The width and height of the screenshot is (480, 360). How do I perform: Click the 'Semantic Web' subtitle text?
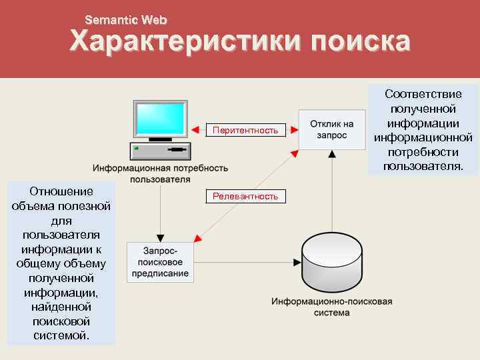tap(126, 21)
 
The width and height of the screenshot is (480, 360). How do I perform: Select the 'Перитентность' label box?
tap(245, 130)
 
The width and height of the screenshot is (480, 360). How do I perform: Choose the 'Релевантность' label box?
tap(245, 196)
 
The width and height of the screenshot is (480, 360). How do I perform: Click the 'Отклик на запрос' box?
tap(332, 129)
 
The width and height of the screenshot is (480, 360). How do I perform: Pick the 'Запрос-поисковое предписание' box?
tap(160, 261)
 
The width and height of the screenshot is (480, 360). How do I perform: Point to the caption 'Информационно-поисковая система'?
tap(331, 307)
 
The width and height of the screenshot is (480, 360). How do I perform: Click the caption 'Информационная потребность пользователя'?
tap(160, 173)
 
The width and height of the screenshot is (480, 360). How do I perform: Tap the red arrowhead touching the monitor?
tap(194, 130)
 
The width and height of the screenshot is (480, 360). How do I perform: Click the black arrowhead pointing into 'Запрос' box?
tap(160, 237)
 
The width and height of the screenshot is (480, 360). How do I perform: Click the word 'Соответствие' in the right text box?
tap(423, 94)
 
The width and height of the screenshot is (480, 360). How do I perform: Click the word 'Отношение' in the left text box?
tap(61, 192)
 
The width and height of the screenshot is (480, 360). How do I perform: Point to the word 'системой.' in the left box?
tap(61, 335)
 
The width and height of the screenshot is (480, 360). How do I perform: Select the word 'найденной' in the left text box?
tap(61, 307)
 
